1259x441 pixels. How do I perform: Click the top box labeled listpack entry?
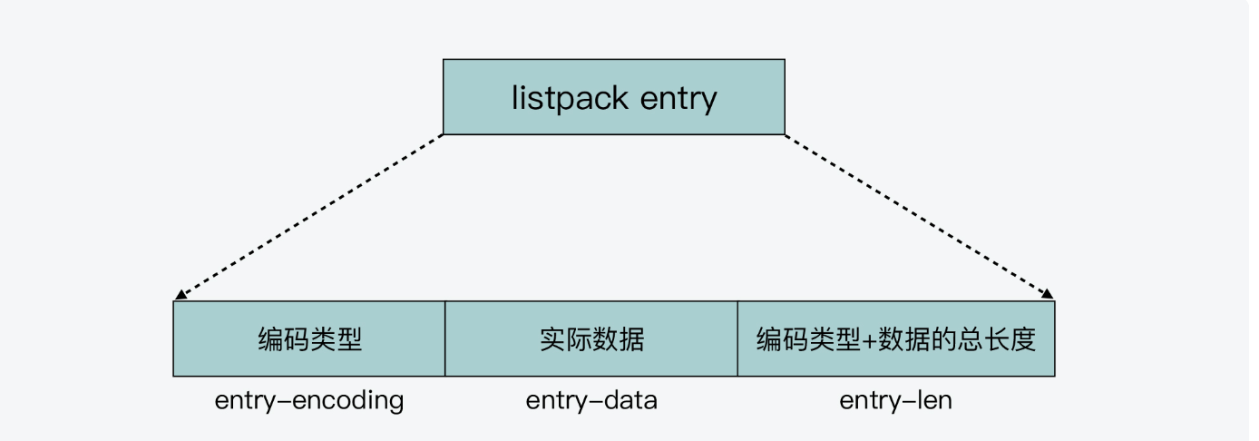pyautogui.click(x=613, y=97)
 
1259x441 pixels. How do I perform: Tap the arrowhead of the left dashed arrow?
pyautogui.click(x=180, y=296)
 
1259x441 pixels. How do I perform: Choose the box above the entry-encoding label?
pyautogui.click(x=309, y=339)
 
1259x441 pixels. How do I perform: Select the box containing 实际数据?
pyautogui.click(x=591, y=339)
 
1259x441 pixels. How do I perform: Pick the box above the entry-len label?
pyautogui.click(x=896, y=339)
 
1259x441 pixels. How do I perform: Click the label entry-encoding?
pyautogui.click(x=309, y=400)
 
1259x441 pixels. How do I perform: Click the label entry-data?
pyautogui.click(x=591, y=400)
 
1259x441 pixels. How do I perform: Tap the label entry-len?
pyautogui.click(x=896, y=400)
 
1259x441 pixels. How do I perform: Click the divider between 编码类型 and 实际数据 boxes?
pyautogui.click(x=445, y=339)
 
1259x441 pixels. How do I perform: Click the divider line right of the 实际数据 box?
pyautogui.click(x=737, y=339)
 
